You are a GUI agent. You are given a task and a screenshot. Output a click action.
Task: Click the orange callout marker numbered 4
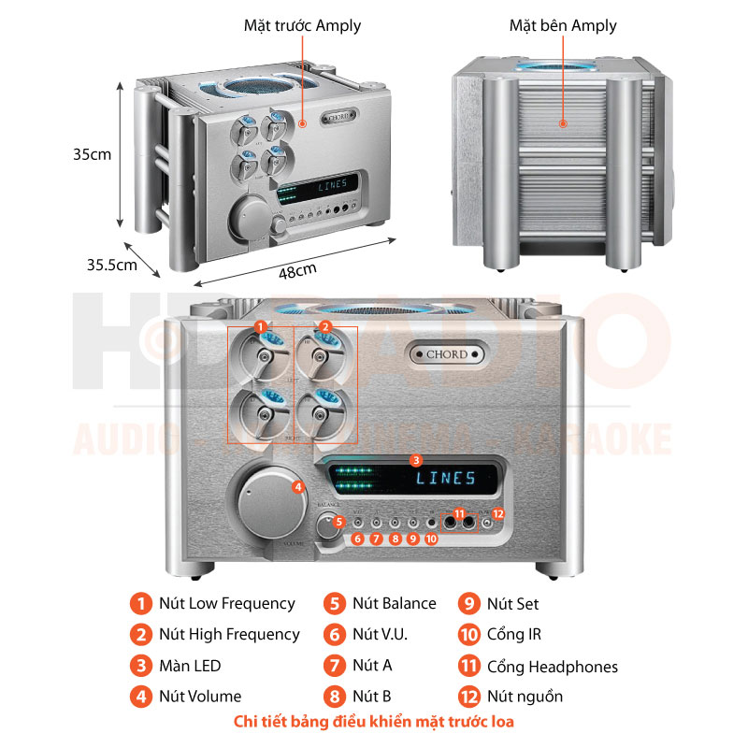[x=297, y=486]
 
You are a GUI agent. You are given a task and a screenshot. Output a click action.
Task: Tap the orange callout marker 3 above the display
[x=416, y=460]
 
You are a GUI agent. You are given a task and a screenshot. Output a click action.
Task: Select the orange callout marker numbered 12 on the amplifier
[x=497, y=513]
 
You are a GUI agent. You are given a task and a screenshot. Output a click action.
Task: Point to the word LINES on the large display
[x=446, y=479]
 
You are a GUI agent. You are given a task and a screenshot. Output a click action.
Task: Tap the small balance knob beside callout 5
[x=326, y=526]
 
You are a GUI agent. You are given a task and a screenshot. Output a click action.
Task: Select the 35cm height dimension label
[x=92, y=154]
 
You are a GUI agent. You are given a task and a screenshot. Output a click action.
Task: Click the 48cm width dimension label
[x=297, y=271]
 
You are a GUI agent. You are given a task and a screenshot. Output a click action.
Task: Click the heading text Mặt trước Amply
[x=301, y=26]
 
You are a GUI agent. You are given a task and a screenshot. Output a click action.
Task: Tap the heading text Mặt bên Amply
[x=563, y=26]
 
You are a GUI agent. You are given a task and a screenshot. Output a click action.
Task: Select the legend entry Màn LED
[x=190, y=667]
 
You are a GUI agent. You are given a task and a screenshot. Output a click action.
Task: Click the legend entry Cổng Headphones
[x=552, y=667]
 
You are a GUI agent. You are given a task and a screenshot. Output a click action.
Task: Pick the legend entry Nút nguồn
[x=525, y=697]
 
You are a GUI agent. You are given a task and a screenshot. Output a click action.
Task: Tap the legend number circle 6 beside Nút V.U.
[x=334, y=635]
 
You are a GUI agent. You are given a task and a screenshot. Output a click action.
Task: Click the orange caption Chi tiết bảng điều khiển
[x=374, y=722]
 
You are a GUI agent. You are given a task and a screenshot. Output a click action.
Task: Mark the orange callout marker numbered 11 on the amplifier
[x=459, y=513]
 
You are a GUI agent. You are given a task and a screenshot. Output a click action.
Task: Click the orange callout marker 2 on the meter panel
[x=325, y=327]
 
